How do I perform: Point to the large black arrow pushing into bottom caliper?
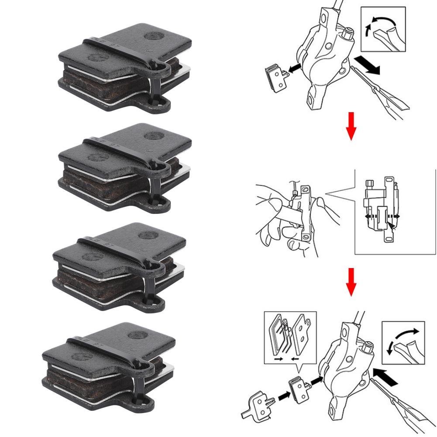(x=386, y=376)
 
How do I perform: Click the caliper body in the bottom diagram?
(x=345, y=367)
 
